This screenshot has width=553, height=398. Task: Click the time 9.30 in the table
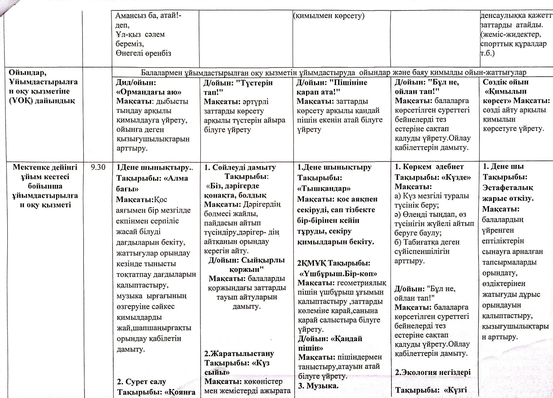[x=98, y=167]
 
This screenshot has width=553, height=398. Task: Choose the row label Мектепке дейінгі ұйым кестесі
[x=45, y=186]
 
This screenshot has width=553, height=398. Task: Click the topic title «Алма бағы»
[x=152, y=183]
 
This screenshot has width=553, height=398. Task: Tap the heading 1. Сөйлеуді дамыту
[x=240, y=167]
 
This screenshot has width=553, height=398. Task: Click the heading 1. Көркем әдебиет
[x=429, y=167]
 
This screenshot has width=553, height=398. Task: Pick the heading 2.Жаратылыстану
[x=239, y=353]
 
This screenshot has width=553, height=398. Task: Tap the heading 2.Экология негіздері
[x=432, y=372]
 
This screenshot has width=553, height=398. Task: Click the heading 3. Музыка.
[x=318, y=385]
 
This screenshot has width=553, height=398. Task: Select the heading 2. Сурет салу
[x=141, y=382]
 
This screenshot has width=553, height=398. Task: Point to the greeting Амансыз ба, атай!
[x=148, y=15]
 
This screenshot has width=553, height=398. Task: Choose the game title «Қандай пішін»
[x=330, y=343]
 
